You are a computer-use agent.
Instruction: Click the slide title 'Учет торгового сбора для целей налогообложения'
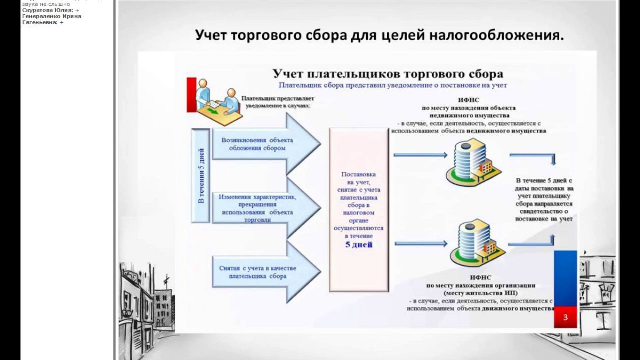point(379,35)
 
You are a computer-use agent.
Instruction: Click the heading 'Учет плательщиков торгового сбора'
point(388,74)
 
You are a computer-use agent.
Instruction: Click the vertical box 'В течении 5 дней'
point(201,175)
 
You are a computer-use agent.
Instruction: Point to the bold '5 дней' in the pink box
point(359,245)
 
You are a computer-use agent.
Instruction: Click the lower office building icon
point(473,242)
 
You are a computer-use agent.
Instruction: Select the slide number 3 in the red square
point(565,317)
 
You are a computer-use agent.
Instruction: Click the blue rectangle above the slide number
point(565,278)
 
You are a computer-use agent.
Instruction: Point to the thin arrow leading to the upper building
point(420,155)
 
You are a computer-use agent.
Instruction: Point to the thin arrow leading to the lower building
point(421,244)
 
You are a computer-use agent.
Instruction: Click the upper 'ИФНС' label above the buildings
point(468,100)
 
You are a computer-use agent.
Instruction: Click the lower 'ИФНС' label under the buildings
point(480,277)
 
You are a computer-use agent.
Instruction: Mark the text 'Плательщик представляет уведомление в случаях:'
point(278,102)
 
